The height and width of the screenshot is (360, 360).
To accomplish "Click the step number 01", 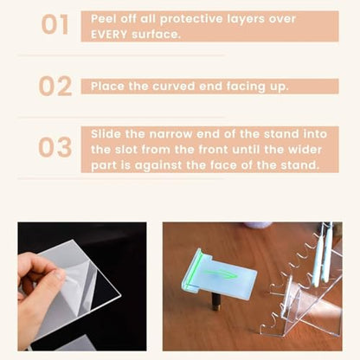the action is [55, 25].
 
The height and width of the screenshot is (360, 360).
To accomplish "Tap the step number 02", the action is [55, 86].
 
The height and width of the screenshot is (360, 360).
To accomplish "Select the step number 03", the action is [55, 147].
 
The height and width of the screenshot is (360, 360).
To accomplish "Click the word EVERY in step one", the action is [109, 35].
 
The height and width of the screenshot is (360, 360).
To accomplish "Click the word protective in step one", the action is [191, 19].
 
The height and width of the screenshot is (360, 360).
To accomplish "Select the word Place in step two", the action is [107, 87].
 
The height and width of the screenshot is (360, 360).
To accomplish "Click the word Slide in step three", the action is [106, 134].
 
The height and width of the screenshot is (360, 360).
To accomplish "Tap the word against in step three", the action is [158, 166].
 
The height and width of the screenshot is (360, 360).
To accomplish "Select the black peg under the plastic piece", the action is [215, 305].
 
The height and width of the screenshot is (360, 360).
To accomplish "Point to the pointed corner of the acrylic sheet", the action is [120, 295].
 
